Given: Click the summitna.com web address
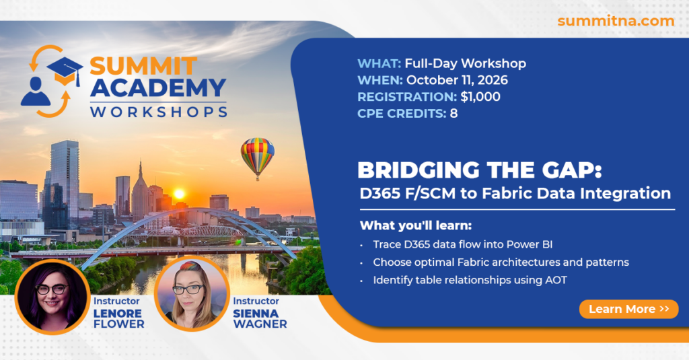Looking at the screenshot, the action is click(x=616, y=21).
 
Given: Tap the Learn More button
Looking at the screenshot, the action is click(x=629, y=309).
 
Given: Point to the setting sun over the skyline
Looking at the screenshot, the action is click(x=179, y=194).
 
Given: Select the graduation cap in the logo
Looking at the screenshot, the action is click(x=65, y=71).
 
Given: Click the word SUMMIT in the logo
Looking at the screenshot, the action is click(x=143, y=67).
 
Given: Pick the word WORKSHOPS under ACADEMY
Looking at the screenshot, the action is click(x=159, y=112).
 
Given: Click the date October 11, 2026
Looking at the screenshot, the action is click(x=457, y=80).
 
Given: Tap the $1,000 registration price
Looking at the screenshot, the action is click(x=480, y=97).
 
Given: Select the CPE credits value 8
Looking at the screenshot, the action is click(x=454, y=114).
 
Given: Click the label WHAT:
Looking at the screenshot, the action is click(x=379, y=63).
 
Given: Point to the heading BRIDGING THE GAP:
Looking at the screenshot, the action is click(x=479, y=170).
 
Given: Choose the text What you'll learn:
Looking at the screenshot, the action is click(x=416, y=225).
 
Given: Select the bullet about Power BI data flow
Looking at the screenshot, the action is click(x=463, y=244).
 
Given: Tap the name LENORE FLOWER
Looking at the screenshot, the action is click(x=118, y=319).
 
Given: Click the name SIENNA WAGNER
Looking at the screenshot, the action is click(x=260, y=319).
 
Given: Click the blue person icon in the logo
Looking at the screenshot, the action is click(x=35, y=92).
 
